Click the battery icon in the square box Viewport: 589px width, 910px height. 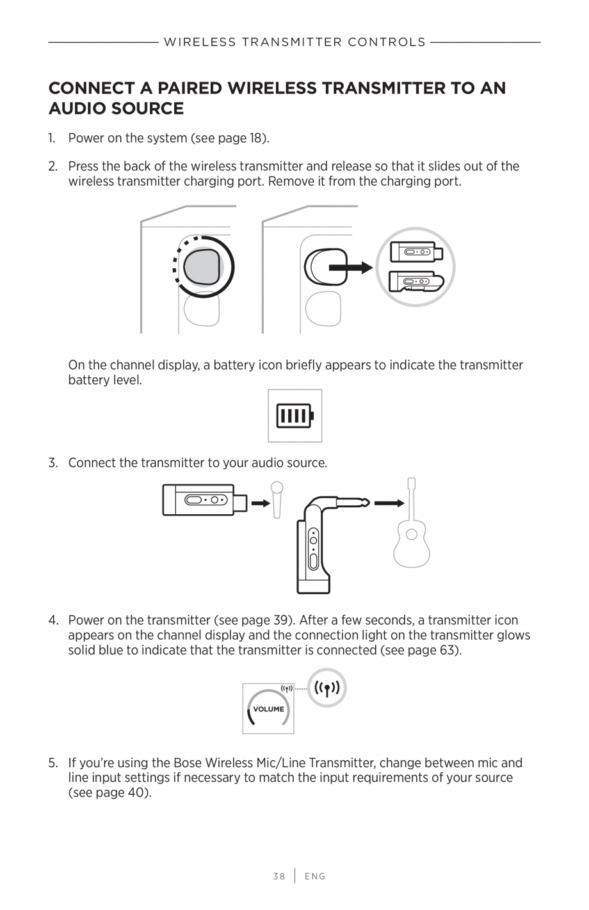294,416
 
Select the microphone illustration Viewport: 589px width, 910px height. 277,499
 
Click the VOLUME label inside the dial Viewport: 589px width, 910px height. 268,709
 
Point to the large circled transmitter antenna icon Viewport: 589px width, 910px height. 327,688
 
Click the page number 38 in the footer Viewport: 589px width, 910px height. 278,876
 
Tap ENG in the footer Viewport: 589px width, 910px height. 315,876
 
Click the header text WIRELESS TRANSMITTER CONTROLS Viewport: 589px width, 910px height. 294,42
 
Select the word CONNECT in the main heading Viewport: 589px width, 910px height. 92,88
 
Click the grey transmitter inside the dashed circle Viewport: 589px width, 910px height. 202,266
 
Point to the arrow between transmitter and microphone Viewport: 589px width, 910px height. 261,503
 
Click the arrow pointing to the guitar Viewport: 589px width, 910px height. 389,503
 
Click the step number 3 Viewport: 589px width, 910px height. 52,462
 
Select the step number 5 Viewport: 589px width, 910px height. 52,763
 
